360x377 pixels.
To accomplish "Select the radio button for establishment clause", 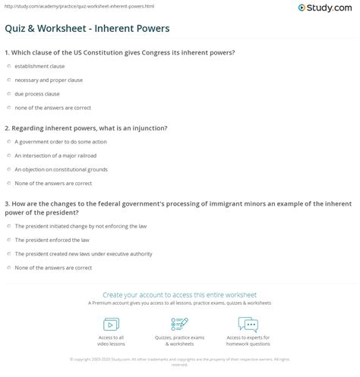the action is (x=8, y=66).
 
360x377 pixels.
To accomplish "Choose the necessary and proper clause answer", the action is (x=8, y=80).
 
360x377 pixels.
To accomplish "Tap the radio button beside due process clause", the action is (x=8, y=94).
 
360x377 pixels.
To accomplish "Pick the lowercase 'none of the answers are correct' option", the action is (x=8, y=108).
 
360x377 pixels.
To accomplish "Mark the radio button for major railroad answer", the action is (x=8, y=156).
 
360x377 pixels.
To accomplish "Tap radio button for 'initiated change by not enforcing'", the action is (x=8, y=226).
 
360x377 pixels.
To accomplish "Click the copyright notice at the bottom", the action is (x=180, y=361).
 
